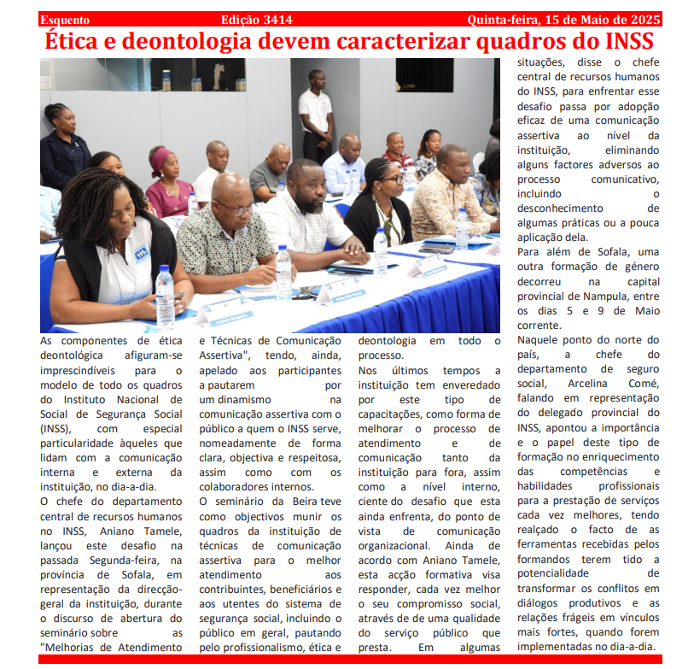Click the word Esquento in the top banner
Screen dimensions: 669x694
tap(65, 19)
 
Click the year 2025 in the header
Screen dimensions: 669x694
tap(640, 19)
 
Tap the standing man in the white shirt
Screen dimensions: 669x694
tap(316, 111)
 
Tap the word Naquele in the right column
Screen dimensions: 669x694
tap(541, 339)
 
